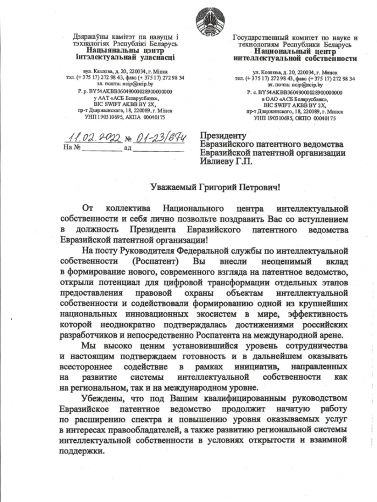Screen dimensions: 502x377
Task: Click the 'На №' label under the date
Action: pos(72,147)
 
